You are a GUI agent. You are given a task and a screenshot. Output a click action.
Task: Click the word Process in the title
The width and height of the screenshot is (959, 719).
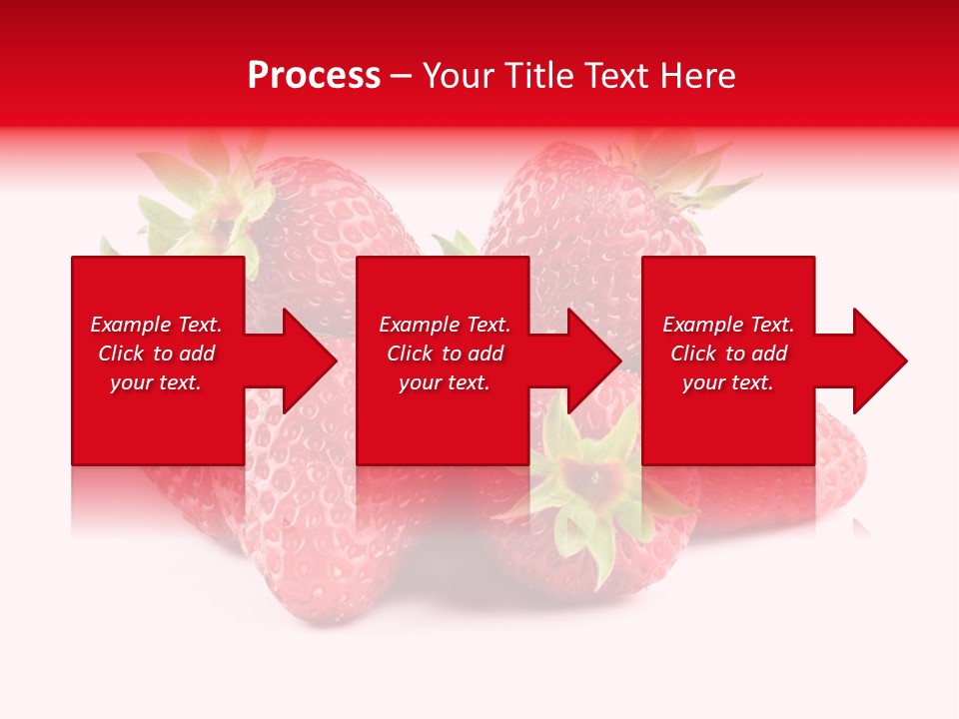click(314, 76)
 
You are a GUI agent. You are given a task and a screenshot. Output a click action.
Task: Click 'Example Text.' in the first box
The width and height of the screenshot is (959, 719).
click(156, 325)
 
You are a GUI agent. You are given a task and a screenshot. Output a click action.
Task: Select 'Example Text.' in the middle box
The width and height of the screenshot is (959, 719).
click(445, 325)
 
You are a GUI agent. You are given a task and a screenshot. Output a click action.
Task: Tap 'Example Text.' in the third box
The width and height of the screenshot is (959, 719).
click(728, 325)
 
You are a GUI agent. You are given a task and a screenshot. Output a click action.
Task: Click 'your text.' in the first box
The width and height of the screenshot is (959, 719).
click(156, 382)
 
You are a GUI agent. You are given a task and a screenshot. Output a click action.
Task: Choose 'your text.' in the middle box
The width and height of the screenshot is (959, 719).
click(445, 382)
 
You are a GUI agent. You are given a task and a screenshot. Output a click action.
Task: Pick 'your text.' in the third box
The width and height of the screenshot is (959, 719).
click(728, 382)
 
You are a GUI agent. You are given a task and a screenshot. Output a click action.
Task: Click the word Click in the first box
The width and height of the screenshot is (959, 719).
click(122, 354)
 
